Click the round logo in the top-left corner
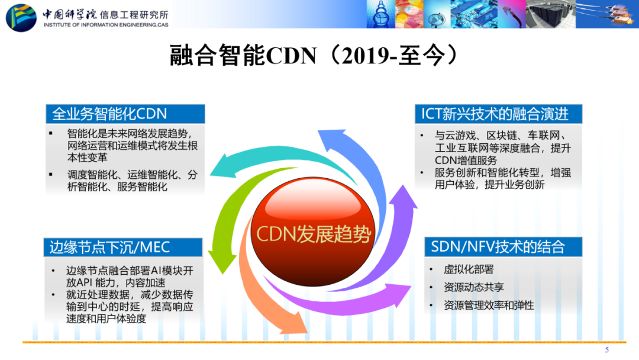pos(21,18)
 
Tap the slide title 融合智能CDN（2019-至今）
pos(314,56)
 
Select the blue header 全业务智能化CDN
pos(125,114)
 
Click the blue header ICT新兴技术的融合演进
pos(498,114)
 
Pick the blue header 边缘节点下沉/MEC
pos(123,247)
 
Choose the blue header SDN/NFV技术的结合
pos(504,247)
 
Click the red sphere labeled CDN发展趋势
pos(313,232)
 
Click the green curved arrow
pos(228,212)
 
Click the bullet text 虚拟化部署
pos(469,269)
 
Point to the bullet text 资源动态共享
pos(474,287)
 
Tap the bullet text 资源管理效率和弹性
pos(489,306)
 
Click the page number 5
pos(607,350)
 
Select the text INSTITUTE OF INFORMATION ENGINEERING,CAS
pos(106,25)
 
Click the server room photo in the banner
pos(551,14)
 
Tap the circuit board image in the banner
pos(474,14)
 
